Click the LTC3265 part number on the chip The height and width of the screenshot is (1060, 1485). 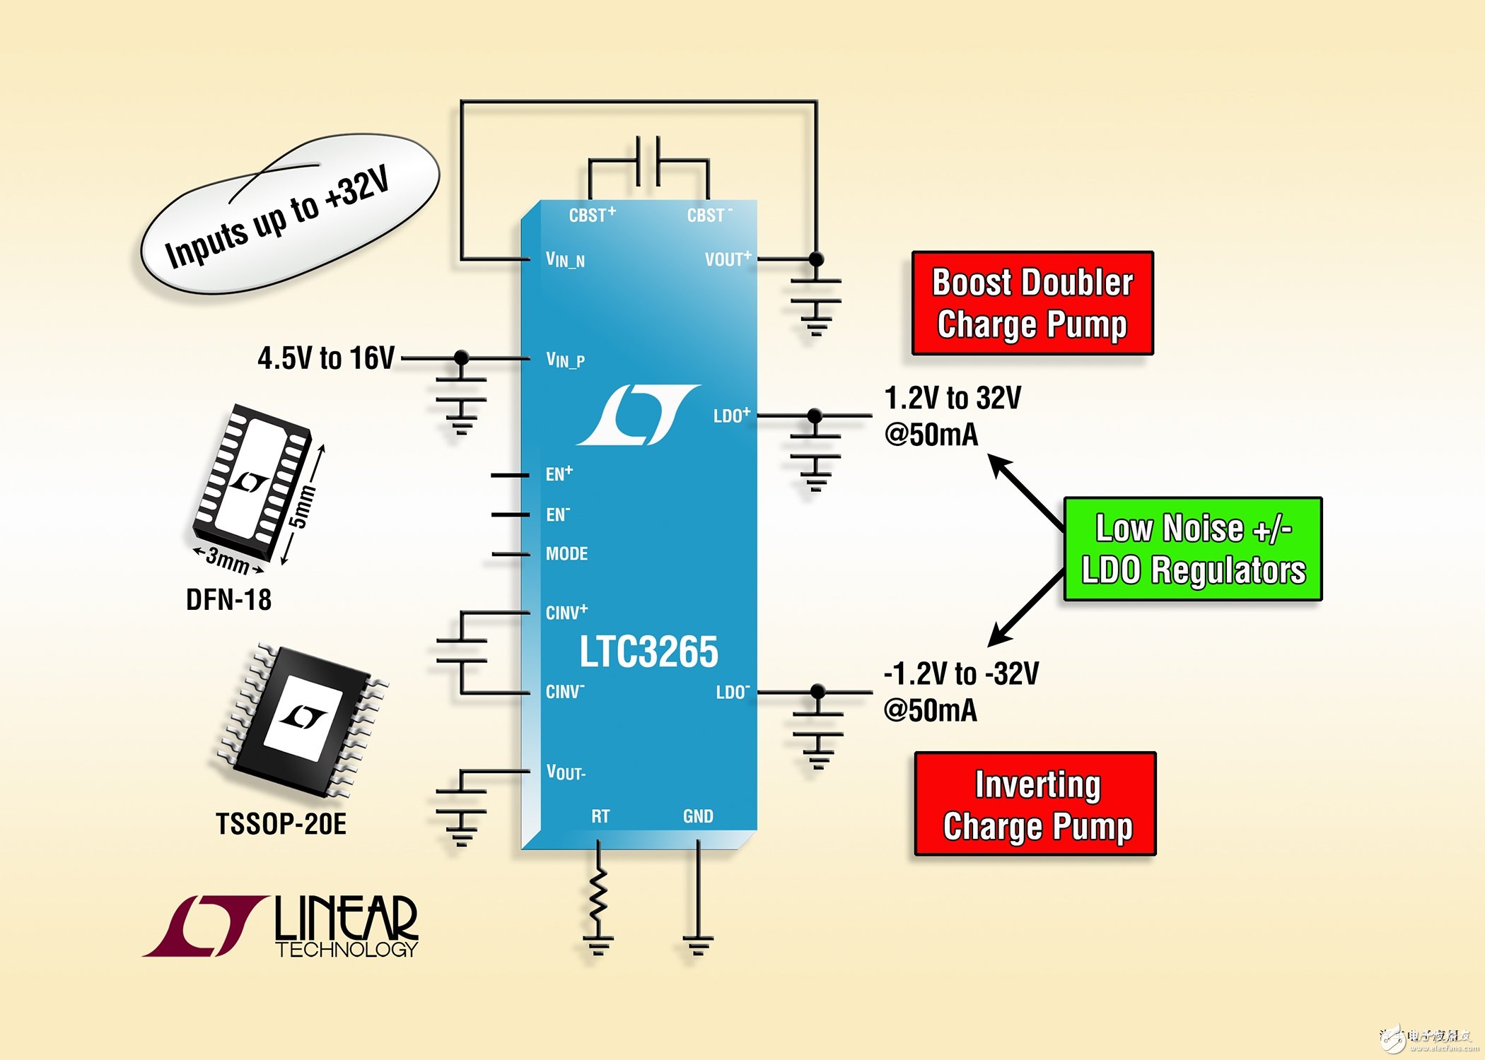(648, 652)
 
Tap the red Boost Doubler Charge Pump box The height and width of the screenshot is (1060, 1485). (1032, 303)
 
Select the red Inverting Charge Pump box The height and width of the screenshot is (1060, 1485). (1036, 805)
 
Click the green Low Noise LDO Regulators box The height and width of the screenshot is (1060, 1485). (1193, 549)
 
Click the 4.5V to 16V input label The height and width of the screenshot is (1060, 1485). (326, 358)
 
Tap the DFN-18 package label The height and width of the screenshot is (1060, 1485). (228, 600)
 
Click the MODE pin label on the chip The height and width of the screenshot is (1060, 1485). (566, 554)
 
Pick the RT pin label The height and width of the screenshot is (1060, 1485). (600, 817)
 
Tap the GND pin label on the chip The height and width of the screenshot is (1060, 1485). (698, 817)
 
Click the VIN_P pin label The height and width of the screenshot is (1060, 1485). (565, 360)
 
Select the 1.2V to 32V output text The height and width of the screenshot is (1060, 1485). (953, 399)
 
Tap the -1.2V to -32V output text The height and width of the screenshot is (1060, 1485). (961, 674)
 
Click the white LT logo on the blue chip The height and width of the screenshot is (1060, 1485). (639, 415)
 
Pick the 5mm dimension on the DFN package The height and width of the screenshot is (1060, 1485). (301, 507)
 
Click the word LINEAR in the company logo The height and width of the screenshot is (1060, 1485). (346, 918)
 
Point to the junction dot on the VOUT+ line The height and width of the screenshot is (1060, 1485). (816, 259)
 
